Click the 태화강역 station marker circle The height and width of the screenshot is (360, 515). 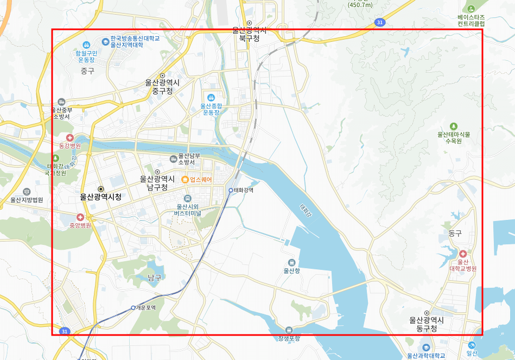pyautogui.click(x=231, y=190)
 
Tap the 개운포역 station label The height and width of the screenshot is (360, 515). pyautogui.click(x=146, y=308)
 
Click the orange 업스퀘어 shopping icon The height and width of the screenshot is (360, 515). pyautogui.click(x=185, y=180)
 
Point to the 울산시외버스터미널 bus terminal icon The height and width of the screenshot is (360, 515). pyautogui.click(x=188, y=199)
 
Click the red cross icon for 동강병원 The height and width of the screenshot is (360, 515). pyautogui.click(x=69, y=138)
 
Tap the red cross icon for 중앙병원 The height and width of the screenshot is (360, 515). pyautogui.click(x=80, y=217)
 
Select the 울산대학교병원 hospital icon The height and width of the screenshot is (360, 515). pyautogui.click(x=462, y=254)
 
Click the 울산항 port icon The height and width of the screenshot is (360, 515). pyautogui.click(x=291, y=262)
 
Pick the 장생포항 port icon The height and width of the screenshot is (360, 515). pyautogui.click(x=288, y=330)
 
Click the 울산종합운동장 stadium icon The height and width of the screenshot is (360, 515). pyautogui.click(x=211, y=97)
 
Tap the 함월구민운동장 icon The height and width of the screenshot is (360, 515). pyautogui.click(x=86, y=45)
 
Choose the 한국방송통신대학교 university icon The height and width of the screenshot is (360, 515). pyautogui.click(x=105, y=41)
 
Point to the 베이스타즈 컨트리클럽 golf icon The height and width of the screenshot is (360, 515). pyautogui.click(x=471, y=9)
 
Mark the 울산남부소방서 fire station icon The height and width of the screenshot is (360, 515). pyautogui.click(x=173, y=159)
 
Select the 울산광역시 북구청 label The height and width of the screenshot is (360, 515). pyautogui.click(x=250, y=34)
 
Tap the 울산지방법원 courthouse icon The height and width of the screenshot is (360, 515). pyautogui.click(x=27, y=192)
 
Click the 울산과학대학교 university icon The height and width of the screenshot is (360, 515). pyautogui.click(x=426, y=347)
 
